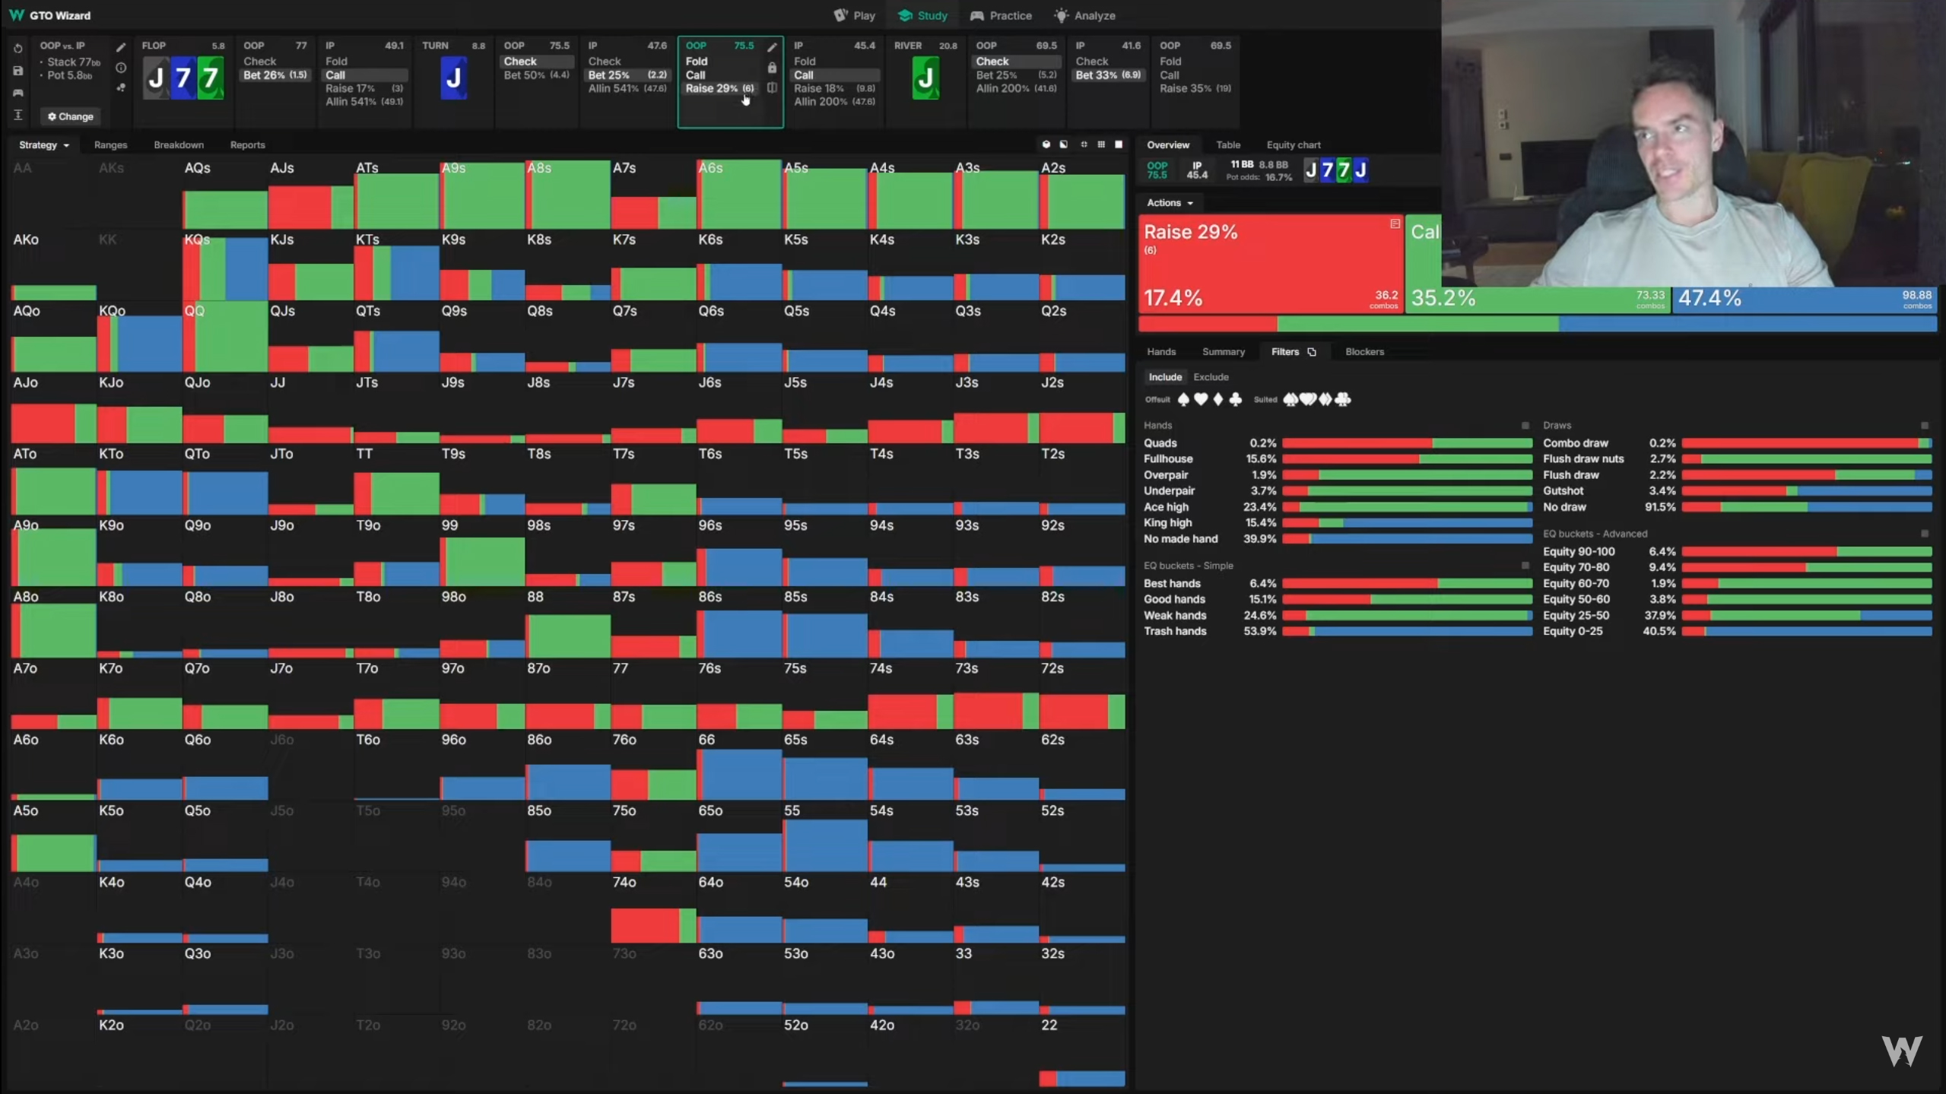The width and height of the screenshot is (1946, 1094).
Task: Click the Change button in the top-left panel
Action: (71, 116)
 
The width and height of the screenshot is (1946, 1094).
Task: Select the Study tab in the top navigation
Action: (922, 15)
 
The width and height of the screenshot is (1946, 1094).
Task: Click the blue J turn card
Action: (453, 78)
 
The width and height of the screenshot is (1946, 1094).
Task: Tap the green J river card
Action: (925, 78)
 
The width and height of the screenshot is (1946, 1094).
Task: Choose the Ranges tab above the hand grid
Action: (110, 144)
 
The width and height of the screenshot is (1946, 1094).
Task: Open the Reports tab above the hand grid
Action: (247, 144)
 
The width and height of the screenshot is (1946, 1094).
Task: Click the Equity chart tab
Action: (1293, 144)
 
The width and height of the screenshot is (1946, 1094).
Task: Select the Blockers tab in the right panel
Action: (1364, 351)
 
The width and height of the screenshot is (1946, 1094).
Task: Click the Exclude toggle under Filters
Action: (1211, 377)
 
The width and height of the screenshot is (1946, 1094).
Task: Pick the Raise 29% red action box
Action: (1270, 263)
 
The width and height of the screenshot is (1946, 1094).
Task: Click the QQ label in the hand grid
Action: (195, 311)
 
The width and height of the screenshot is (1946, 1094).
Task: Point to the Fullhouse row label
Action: (1168, 459)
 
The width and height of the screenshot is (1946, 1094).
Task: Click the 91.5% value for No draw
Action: (1662, 507)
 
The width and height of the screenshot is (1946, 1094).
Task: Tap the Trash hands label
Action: (1175, 631)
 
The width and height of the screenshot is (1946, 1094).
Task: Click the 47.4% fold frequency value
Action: (1709, 298)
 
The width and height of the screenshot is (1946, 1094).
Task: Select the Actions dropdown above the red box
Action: (1170, 203)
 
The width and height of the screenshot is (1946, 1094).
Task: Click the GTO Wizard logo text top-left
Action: (59, 15)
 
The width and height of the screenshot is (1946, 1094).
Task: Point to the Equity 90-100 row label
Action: (1579, 552)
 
